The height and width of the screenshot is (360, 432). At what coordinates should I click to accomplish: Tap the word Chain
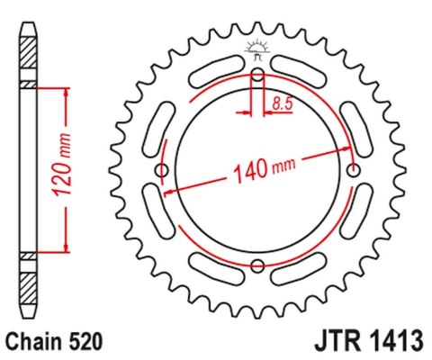(x=32, y=342)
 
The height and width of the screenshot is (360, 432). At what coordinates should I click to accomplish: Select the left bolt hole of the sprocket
(x=162, y=170)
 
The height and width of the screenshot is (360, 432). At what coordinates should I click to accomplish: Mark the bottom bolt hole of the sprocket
(x=257, y=265)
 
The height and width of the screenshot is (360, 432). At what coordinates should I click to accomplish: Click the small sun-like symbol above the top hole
(x=257, y=49)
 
